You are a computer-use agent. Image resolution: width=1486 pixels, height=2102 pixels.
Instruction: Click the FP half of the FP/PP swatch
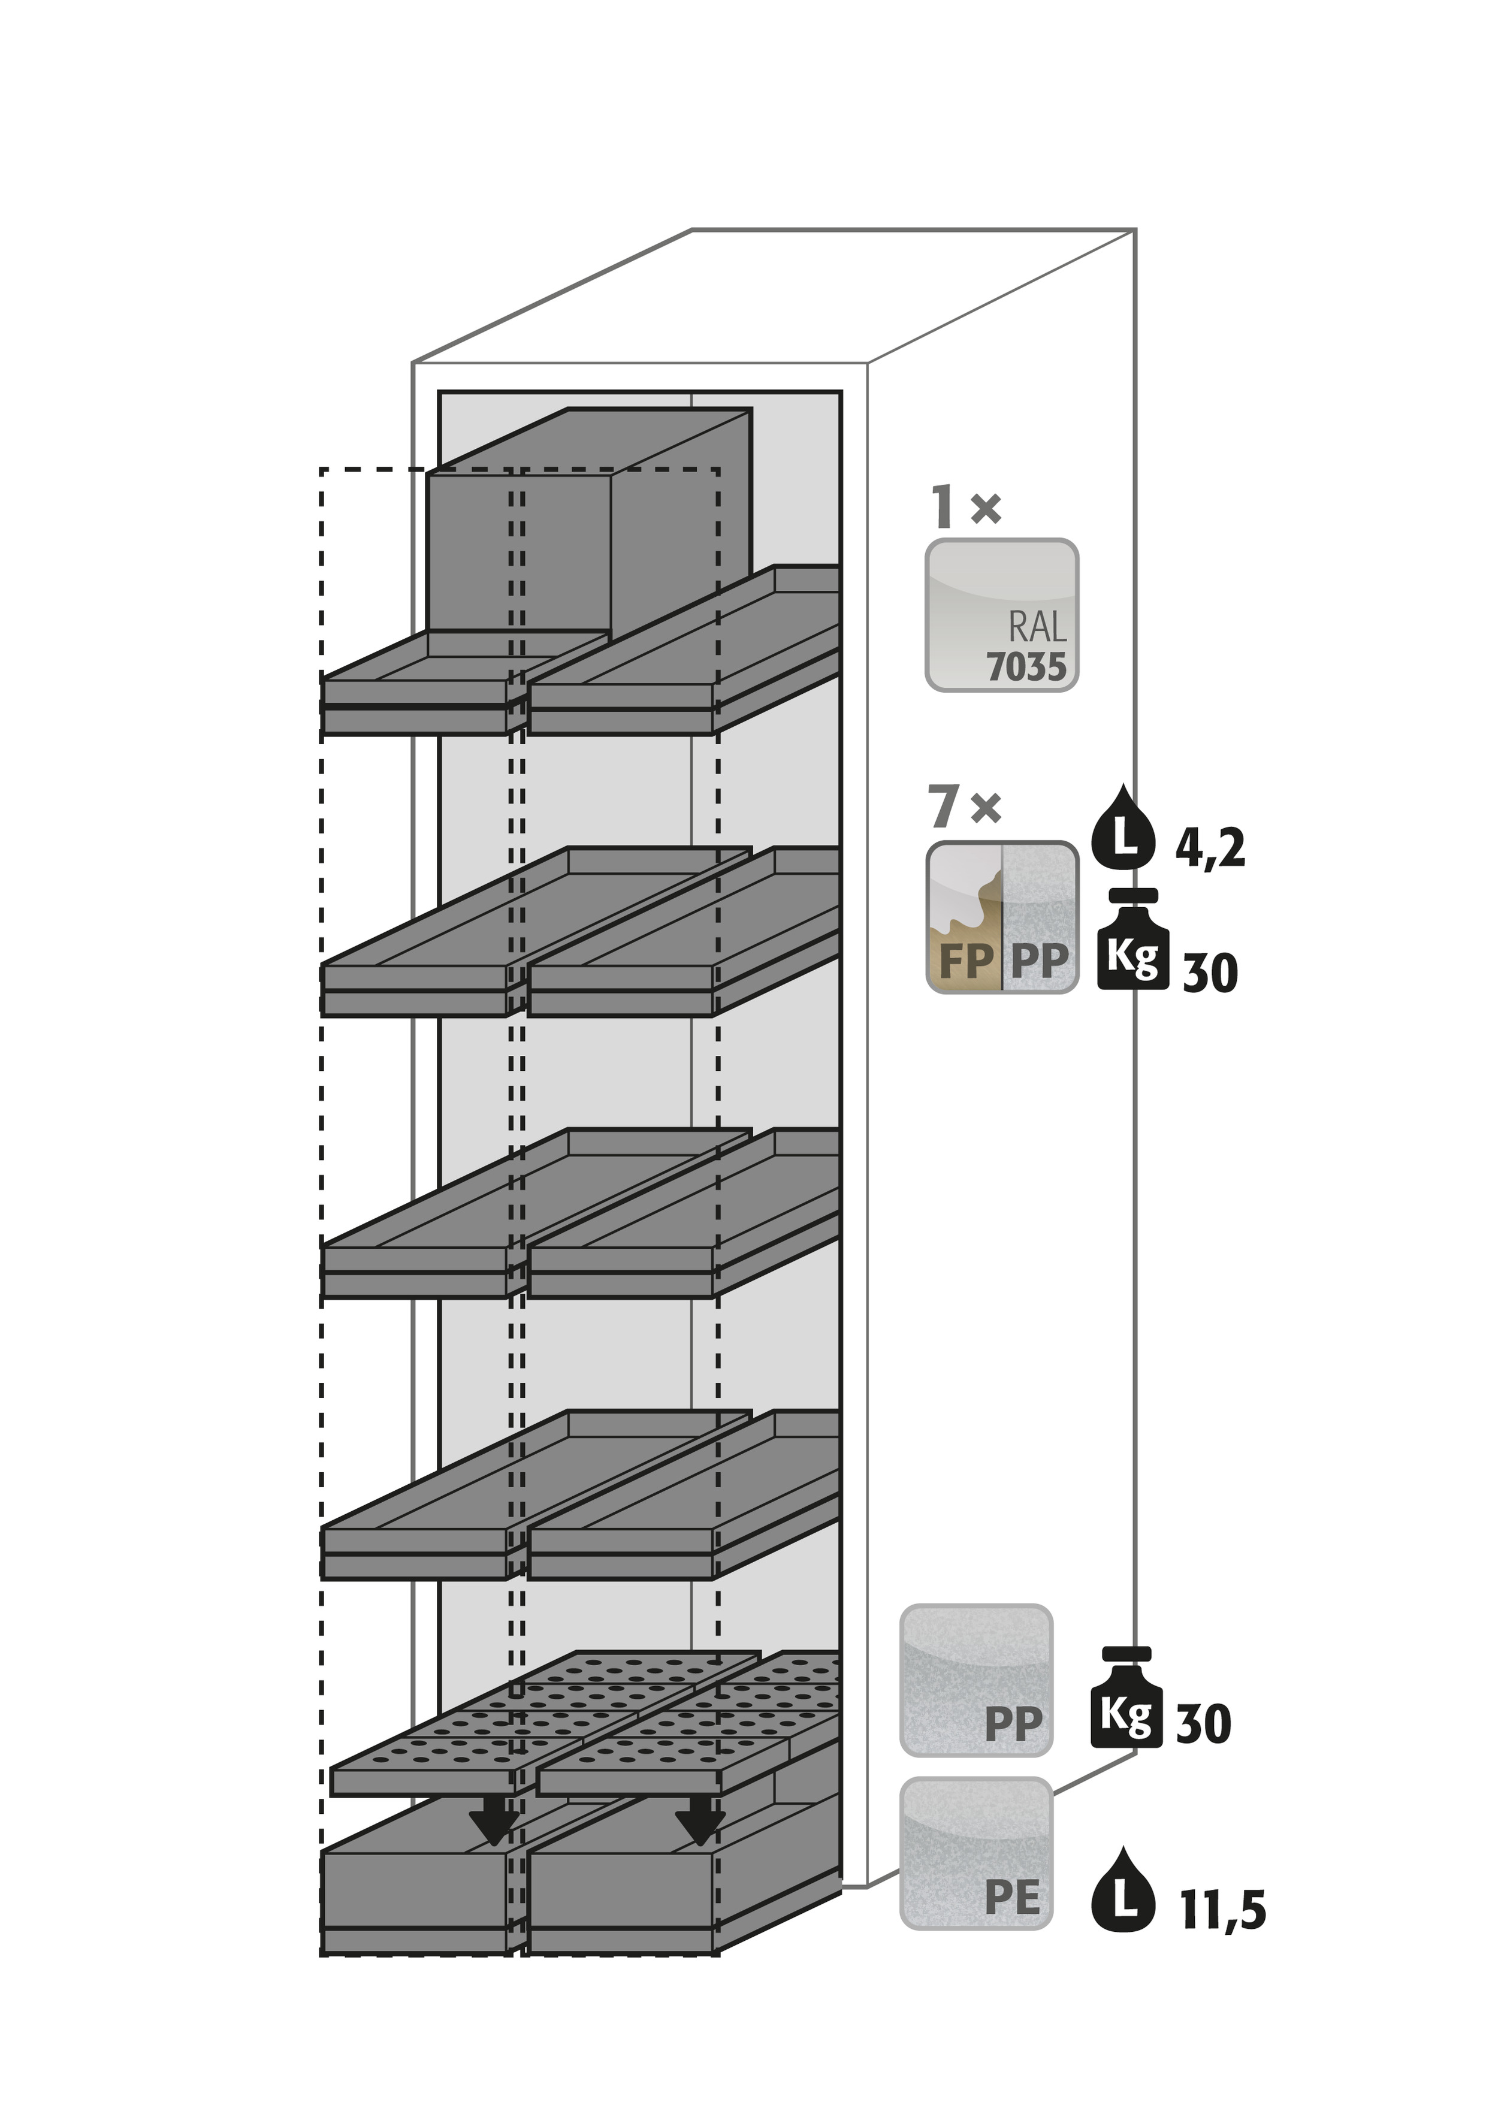[965, 916]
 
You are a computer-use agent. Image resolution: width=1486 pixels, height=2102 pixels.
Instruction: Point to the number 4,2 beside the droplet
[1210, 850]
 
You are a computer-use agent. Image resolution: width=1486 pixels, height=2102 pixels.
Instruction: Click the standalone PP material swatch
[976, 1681]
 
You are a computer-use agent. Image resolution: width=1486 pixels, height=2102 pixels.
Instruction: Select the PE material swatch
[976, 1854]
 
